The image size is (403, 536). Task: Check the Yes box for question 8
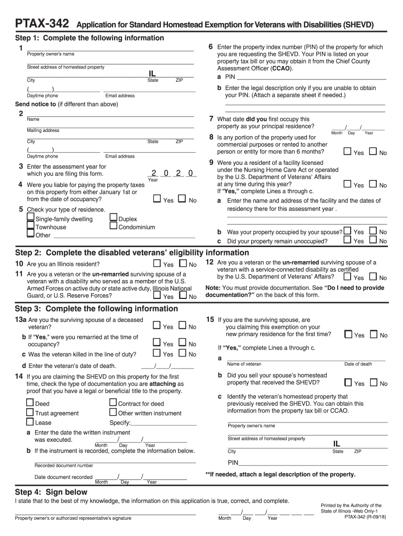347,151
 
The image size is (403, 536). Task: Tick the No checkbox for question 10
183,264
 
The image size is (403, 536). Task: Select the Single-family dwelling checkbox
31,218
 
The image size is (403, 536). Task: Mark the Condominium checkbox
114,227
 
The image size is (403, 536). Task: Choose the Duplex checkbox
114,218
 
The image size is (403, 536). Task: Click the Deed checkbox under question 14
30,403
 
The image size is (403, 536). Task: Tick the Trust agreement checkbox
30,412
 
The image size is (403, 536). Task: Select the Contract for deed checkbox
114,403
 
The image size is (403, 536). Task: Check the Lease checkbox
30,422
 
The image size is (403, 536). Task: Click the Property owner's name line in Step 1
110,50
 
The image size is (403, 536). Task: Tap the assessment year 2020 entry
172,173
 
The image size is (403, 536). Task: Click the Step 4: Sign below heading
51,492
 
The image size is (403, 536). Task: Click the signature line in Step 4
105,512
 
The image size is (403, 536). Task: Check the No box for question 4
182,199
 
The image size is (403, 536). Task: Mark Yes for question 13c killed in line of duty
156,354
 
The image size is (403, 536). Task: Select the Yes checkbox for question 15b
348,382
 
